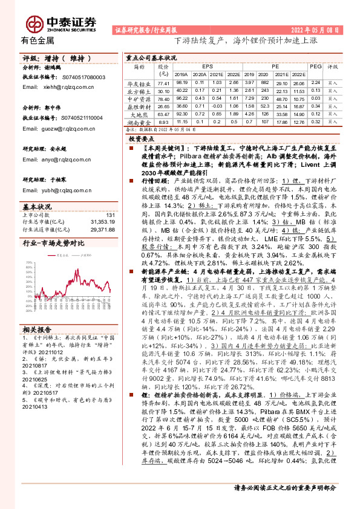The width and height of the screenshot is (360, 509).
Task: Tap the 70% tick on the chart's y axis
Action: [28, 263]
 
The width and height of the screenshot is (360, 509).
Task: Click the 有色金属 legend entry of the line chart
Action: [59, 256]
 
